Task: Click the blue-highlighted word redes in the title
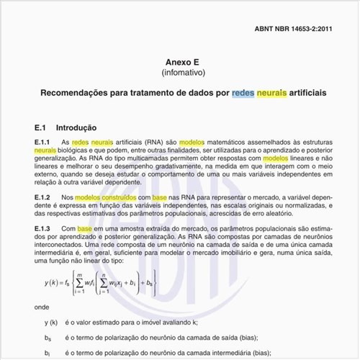243,94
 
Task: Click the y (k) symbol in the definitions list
50,323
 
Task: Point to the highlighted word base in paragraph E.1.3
85,229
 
